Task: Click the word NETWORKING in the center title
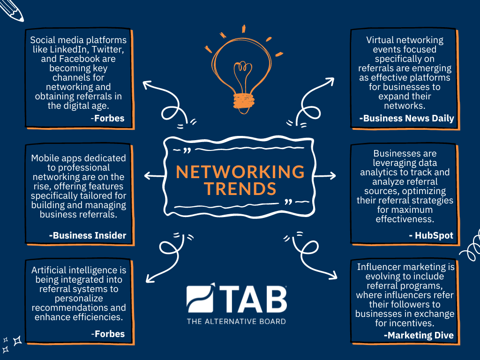pos(240,172)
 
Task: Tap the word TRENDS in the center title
pos(240,188)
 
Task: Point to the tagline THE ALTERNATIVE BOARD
pos(236,322)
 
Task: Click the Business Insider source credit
pos(88,235)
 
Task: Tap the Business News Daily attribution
pos(406,118)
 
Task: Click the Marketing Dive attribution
pos(419,335)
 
